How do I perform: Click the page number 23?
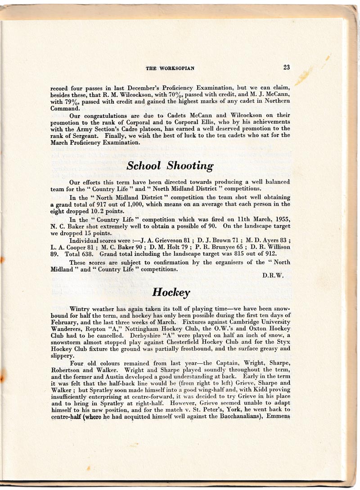(x=286, y=67)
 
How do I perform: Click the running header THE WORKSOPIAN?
(x=170, y=68)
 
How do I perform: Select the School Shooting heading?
(x=170, y=165)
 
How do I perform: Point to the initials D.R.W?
(x=273, y=276)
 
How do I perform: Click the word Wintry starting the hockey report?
(x=81, y=309)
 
